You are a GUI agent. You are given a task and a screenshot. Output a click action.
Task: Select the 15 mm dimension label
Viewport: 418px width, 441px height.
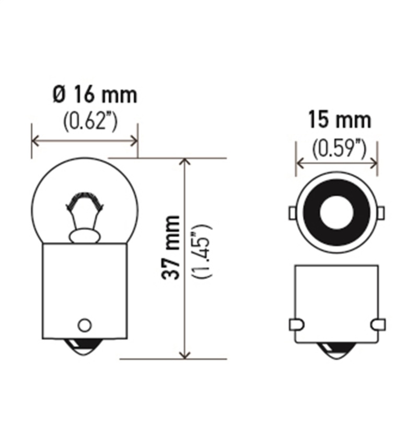coord(339,120)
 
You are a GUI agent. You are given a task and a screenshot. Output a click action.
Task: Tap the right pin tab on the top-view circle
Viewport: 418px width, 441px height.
coord(381,213)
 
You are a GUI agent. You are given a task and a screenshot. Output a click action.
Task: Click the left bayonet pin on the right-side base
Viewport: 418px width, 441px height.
coord(295,324)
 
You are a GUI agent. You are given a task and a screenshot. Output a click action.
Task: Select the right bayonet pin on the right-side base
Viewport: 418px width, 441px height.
coord(378,324)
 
